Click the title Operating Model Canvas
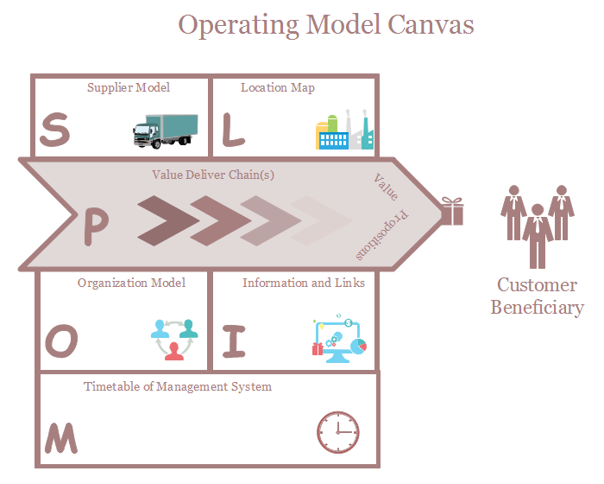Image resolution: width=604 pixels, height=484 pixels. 326,24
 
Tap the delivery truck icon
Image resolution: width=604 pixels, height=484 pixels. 165,131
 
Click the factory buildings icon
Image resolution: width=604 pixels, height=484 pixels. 344,131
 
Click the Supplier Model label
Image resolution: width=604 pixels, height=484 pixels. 129,87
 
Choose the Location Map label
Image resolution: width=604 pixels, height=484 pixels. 278,87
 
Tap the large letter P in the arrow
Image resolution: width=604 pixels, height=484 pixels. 96,227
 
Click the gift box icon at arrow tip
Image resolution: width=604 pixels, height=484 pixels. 451,211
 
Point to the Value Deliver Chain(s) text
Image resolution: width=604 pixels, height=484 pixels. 213,175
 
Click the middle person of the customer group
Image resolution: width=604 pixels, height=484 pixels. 538,235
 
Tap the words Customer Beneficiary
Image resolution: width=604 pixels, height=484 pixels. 537,296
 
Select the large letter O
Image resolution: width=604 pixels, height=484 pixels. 60,342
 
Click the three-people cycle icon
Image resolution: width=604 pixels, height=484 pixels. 174,339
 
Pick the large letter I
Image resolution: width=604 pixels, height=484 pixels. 234,341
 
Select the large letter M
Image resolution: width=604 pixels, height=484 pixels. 61,438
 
